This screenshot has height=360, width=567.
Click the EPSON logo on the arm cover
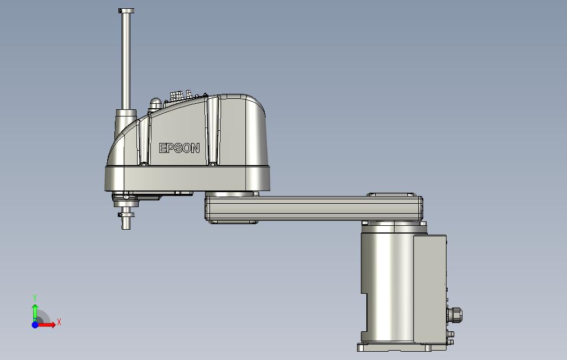tap(180, 148)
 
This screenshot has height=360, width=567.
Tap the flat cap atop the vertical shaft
tap(126, 11)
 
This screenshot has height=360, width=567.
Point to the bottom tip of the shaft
tap(126, 229)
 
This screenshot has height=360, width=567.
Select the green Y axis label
tap(35, 298)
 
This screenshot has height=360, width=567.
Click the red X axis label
tap(59, 322)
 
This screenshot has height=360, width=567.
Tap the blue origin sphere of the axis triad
tap(35, 325)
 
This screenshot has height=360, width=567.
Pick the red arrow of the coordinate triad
tap(46, 325)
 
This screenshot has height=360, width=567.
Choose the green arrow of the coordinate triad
tap(35, 313)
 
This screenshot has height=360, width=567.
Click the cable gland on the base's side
tap(455, 315)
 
